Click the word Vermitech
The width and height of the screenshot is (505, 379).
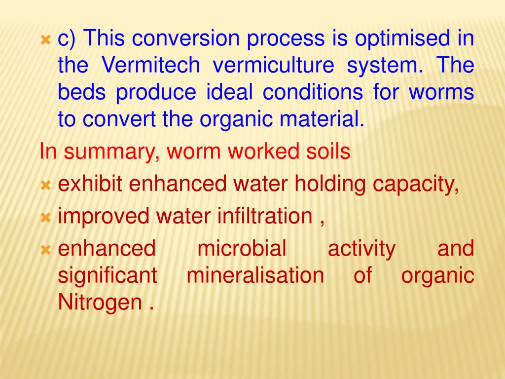(x=150, y=66)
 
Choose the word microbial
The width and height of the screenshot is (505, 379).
(x=242, y=248)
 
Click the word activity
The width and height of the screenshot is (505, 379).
(x=361, y=248)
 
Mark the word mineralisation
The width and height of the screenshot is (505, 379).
(x=255, y=275)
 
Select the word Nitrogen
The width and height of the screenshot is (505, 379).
(x=100, y=302)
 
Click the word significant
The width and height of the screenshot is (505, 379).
(x=108, y=275)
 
